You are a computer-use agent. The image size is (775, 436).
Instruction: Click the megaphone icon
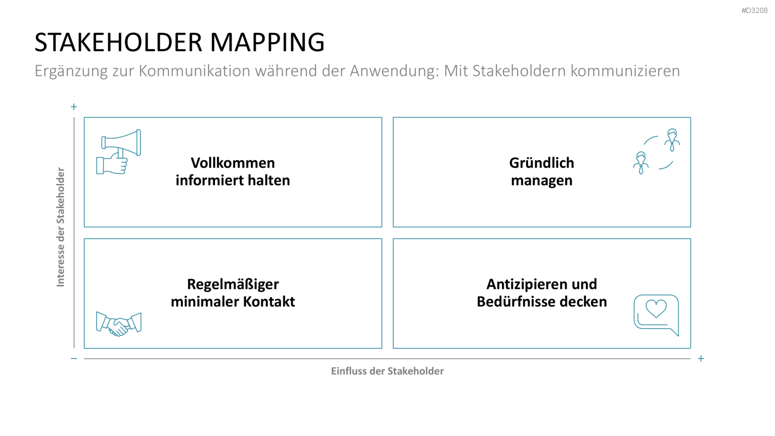pos(119,151)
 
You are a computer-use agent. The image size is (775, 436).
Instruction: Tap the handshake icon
pos(119,324)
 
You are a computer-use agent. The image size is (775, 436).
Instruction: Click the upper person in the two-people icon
pos(672,140)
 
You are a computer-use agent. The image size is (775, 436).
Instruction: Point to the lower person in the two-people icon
pos(641,163)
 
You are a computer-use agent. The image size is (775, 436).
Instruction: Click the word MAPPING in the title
pos(267,42)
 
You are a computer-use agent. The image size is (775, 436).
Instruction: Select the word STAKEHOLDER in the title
pos(118,42)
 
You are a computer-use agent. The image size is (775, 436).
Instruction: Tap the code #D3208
pos(754,11)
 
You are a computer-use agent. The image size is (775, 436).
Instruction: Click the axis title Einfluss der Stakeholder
pos(387,371)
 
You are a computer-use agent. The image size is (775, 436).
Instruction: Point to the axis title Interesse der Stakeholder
pos(60,227)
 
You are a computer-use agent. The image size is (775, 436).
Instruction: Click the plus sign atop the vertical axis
pos(74,106)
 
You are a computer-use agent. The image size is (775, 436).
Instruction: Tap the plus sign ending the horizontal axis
pos(701,359)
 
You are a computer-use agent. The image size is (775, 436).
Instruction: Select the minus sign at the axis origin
pos(74,359)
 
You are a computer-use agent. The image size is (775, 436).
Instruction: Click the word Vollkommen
pos(233,163)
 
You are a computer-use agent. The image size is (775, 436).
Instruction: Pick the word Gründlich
pos(541,163)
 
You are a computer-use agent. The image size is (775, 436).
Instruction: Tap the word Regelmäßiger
pos(233,285)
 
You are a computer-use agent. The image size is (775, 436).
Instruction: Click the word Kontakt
pos(269,302)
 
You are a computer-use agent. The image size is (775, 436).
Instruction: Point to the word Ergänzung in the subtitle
pos(71,71)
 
